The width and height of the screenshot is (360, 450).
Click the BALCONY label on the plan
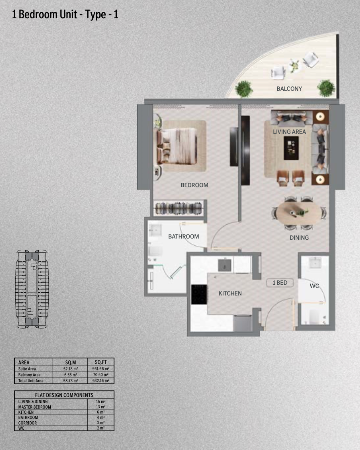click(289, 89)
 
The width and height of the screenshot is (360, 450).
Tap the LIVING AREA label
click(289, 132)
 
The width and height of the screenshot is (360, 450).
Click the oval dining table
click(299, 213)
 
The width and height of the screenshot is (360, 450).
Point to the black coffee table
click(291, 148)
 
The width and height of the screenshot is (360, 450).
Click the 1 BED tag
click(280, 283)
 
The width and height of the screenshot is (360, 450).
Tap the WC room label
click(314, 286)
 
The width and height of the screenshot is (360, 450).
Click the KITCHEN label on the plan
click(230, 293)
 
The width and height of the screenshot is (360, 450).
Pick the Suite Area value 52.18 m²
click(70, 369)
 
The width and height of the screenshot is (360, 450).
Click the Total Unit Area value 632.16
click(101, 381)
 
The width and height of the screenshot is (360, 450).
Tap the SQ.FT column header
click(101, 362)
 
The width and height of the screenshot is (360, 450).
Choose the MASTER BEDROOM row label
click(35, 407)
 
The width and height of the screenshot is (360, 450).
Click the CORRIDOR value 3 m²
click(101, 423)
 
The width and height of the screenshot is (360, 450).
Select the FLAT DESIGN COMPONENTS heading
click(64, 395)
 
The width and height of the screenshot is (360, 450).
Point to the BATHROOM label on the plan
click(183, 237)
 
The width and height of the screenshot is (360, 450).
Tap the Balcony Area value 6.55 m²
click(70, 375)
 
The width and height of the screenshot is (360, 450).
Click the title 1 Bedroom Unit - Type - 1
click(65, 15)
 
